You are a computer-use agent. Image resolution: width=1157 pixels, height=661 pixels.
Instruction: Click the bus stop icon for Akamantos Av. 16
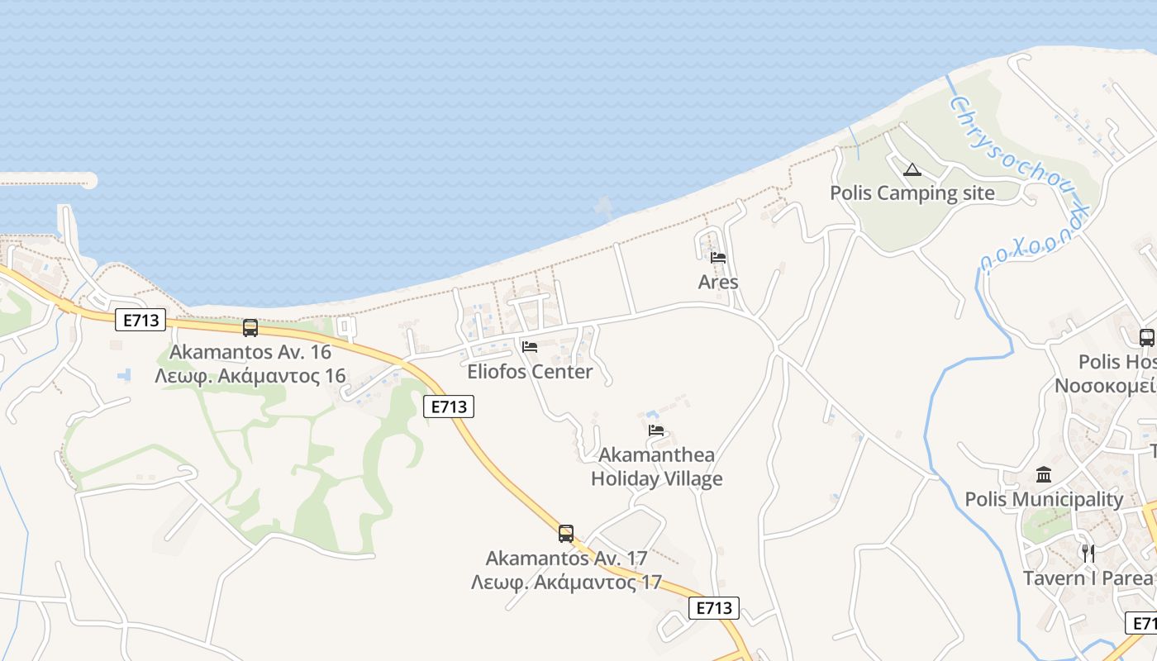(x=250, y=328)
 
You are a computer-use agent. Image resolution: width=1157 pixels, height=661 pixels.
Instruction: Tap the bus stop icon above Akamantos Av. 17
(x=566, y=534)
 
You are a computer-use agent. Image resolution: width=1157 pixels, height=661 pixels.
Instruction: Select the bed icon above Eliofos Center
(x=530, y=347)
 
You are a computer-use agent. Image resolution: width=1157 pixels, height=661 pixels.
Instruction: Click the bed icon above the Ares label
(x=718, y=258)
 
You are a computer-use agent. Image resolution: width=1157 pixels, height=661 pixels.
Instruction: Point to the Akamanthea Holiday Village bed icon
(x=656, y=430)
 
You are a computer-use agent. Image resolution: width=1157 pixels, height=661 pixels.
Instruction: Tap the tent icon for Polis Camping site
(x=912, y=170)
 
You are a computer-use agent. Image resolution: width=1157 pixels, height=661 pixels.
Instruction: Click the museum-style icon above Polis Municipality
(x=1044, y=475)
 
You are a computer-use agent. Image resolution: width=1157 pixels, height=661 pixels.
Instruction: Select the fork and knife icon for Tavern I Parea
(x=1088, y=553)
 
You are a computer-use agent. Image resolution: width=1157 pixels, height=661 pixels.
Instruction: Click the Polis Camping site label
(x=912, y=193)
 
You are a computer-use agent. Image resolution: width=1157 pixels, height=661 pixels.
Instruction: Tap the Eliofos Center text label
(x=530, y=372)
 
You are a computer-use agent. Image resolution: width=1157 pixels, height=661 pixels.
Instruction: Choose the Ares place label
(x=718, y=283)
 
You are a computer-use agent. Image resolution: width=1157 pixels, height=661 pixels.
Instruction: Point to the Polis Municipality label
(x=1044, y=499)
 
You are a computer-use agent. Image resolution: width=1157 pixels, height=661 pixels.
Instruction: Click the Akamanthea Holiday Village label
(x=656, y=467)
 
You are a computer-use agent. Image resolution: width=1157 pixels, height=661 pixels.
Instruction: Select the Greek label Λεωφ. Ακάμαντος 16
(x=250, y=376)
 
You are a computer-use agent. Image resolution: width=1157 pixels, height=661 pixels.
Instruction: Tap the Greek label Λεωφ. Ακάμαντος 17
(x=566, y=582)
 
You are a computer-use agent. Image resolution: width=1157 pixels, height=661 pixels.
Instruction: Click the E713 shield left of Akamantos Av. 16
(x=140, y=320)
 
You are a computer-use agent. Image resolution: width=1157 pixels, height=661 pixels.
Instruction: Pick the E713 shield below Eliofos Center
(x=449, y=407)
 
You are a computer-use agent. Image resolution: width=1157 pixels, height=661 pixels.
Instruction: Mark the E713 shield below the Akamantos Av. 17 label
(x=713, y=608)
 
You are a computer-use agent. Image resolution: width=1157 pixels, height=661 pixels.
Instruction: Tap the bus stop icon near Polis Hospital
(x=1146, y=337)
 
